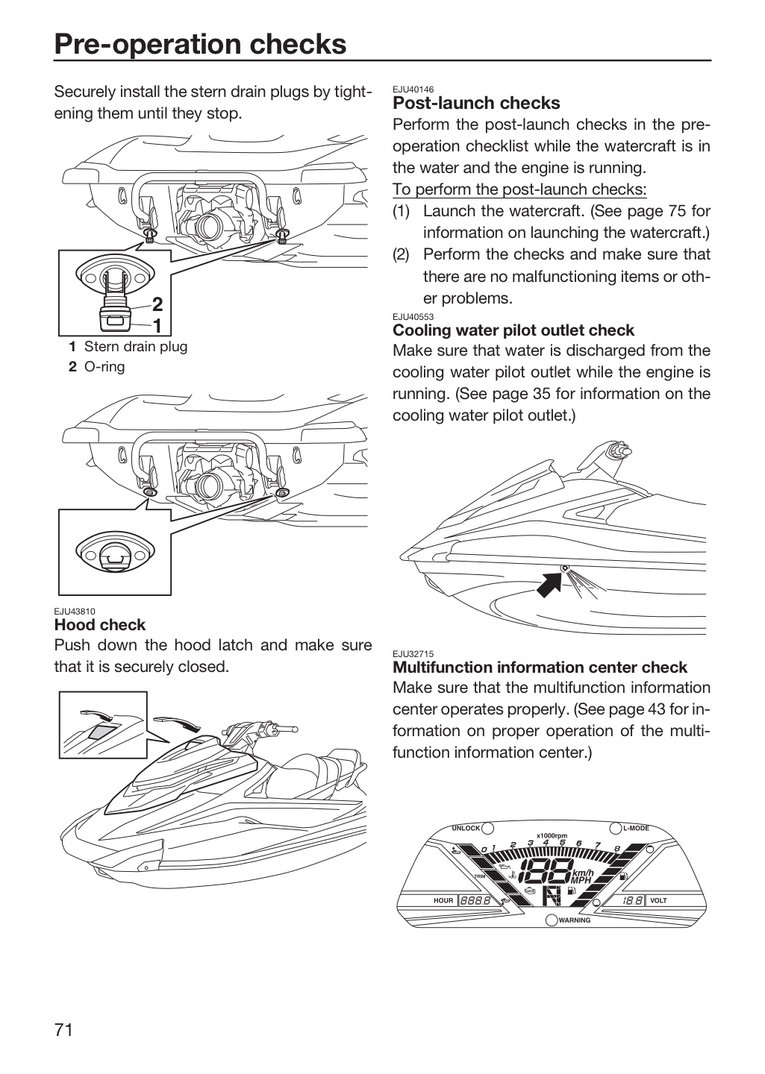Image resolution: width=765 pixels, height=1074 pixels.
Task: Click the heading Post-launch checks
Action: click(476, 103)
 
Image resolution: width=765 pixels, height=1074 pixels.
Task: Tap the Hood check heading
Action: click(100, 625)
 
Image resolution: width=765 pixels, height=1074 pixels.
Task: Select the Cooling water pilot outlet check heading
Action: click(513, 330)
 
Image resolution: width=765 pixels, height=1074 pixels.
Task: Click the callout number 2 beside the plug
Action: click(157, 304)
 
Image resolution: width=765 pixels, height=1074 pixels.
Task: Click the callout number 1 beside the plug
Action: click(157, 326)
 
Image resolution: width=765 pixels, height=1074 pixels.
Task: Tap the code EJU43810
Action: click(75, 612)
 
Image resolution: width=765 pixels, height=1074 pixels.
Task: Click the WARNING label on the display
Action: click(575, 920)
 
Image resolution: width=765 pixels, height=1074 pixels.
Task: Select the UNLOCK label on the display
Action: click(466, 828)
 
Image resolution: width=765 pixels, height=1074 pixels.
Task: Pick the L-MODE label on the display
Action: click(636, 828)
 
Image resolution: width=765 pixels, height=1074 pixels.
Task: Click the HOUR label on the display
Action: click(443, 900)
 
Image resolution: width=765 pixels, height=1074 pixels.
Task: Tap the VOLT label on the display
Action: click(658, 900)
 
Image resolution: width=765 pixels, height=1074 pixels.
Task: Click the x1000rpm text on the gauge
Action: click(552, 835)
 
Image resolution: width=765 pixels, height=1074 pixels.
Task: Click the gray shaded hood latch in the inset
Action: click(101, 732)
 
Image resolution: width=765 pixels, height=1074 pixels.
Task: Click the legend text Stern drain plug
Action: click(136, 347)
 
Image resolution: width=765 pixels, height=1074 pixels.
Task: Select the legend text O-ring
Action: click(104, 367)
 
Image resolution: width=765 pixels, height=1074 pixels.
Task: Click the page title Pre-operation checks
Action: click(200, 44)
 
